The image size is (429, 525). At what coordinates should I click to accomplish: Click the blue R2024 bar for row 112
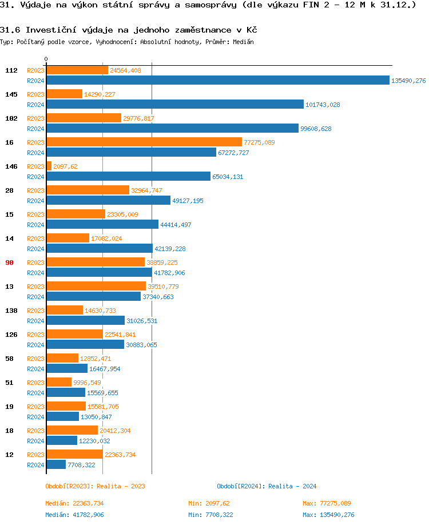pos(217,81)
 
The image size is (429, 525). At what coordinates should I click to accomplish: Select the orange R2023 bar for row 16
pos(144,142)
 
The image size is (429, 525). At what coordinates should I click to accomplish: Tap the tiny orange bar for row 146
pos(49,166)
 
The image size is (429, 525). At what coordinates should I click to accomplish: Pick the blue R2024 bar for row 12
pos(56,465)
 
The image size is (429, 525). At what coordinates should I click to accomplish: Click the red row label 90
pos(9,262)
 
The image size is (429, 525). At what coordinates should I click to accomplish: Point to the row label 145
pos(11,94)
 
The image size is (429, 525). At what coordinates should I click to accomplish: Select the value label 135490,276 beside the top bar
pos(408,81)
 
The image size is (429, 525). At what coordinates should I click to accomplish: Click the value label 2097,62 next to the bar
pos(65,166)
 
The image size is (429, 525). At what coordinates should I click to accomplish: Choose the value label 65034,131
pos(228,177)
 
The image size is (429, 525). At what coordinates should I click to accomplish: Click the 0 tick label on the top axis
pos(46,59)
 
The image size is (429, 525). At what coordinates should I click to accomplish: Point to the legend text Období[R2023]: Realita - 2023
pos(95,486)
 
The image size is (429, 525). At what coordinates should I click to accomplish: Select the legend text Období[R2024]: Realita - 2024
pos(267,486)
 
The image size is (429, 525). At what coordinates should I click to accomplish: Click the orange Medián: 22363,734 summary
pos(74,503)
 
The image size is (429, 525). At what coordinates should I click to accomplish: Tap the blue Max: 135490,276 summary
pos(328,515)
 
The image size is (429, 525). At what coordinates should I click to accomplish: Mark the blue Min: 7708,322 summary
pos(211,515)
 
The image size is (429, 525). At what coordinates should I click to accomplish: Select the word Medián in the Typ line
pos(244,42)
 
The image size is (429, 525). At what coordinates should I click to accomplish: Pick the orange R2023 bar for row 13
pos(96,287)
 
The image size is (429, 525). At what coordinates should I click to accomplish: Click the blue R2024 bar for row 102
pos(172,129)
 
